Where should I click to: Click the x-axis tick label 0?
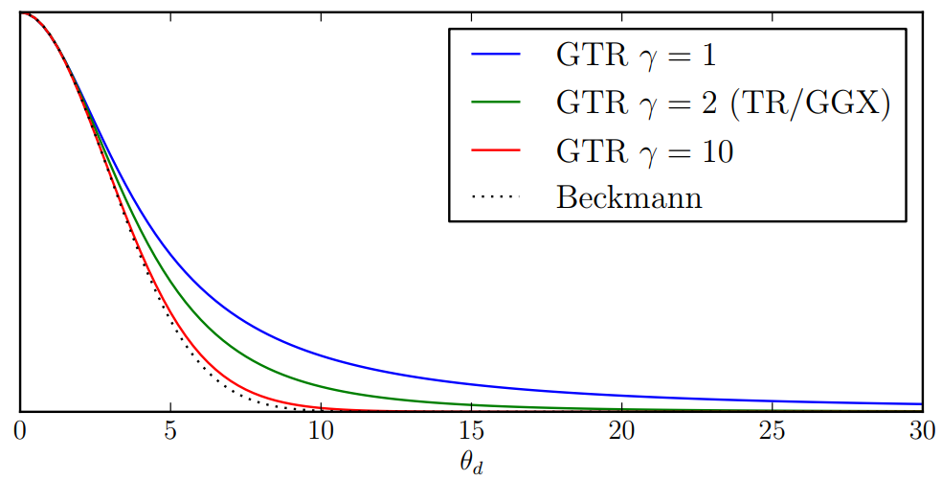point(20,429)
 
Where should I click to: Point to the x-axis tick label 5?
point(170,429)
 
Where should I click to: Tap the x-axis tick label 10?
point(321,429)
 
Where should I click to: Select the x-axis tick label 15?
point(471,429)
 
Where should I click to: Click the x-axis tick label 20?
point(621,429)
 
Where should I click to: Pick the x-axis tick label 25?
point(772,429)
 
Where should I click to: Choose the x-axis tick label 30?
point(921,429)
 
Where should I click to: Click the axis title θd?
point(471,463)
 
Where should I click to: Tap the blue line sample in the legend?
point(495,55)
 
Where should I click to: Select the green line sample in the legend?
point(495,103)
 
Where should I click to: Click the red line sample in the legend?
point(495,150)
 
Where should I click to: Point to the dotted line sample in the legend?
point(495,198)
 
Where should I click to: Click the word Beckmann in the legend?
point(629,198)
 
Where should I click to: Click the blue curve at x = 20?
point(621,394)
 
